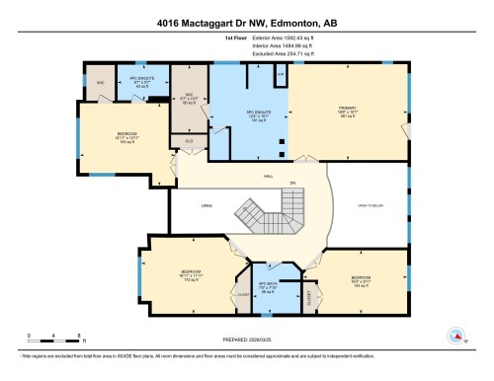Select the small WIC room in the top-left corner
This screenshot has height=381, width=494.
click(100, 82)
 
